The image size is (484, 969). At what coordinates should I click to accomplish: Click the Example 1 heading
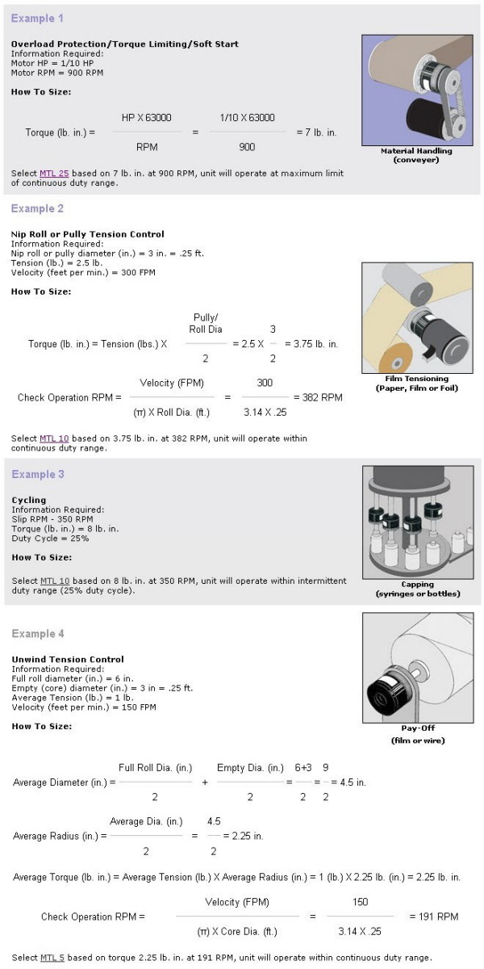coord(37,18)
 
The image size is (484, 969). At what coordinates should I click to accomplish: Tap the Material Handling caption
coord(416,151)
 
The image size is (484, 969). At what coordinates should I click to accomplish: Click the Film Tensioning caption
coord(417,378)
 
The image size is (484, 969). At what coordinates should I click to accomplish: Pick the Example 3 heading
coord(38,474)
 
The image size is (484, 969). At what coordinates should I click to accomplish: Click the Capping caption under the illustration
coord(417,584)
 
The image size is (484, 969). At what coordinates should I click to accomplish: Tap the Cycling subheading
coord(29,500)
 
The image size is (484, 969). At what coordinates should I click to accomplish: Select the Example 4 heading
coord(38,634)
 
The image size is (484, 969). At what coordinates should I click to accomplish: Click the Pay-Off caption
coord(417,728)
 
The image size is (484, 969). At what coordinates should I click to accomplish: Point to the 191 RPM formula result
coord(433,917)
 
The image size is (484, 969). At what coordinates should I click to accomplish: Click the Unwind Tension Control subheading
coord(68,659)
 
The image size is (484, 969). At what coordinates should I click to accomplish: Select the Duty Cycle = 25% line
coord(50,538)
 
